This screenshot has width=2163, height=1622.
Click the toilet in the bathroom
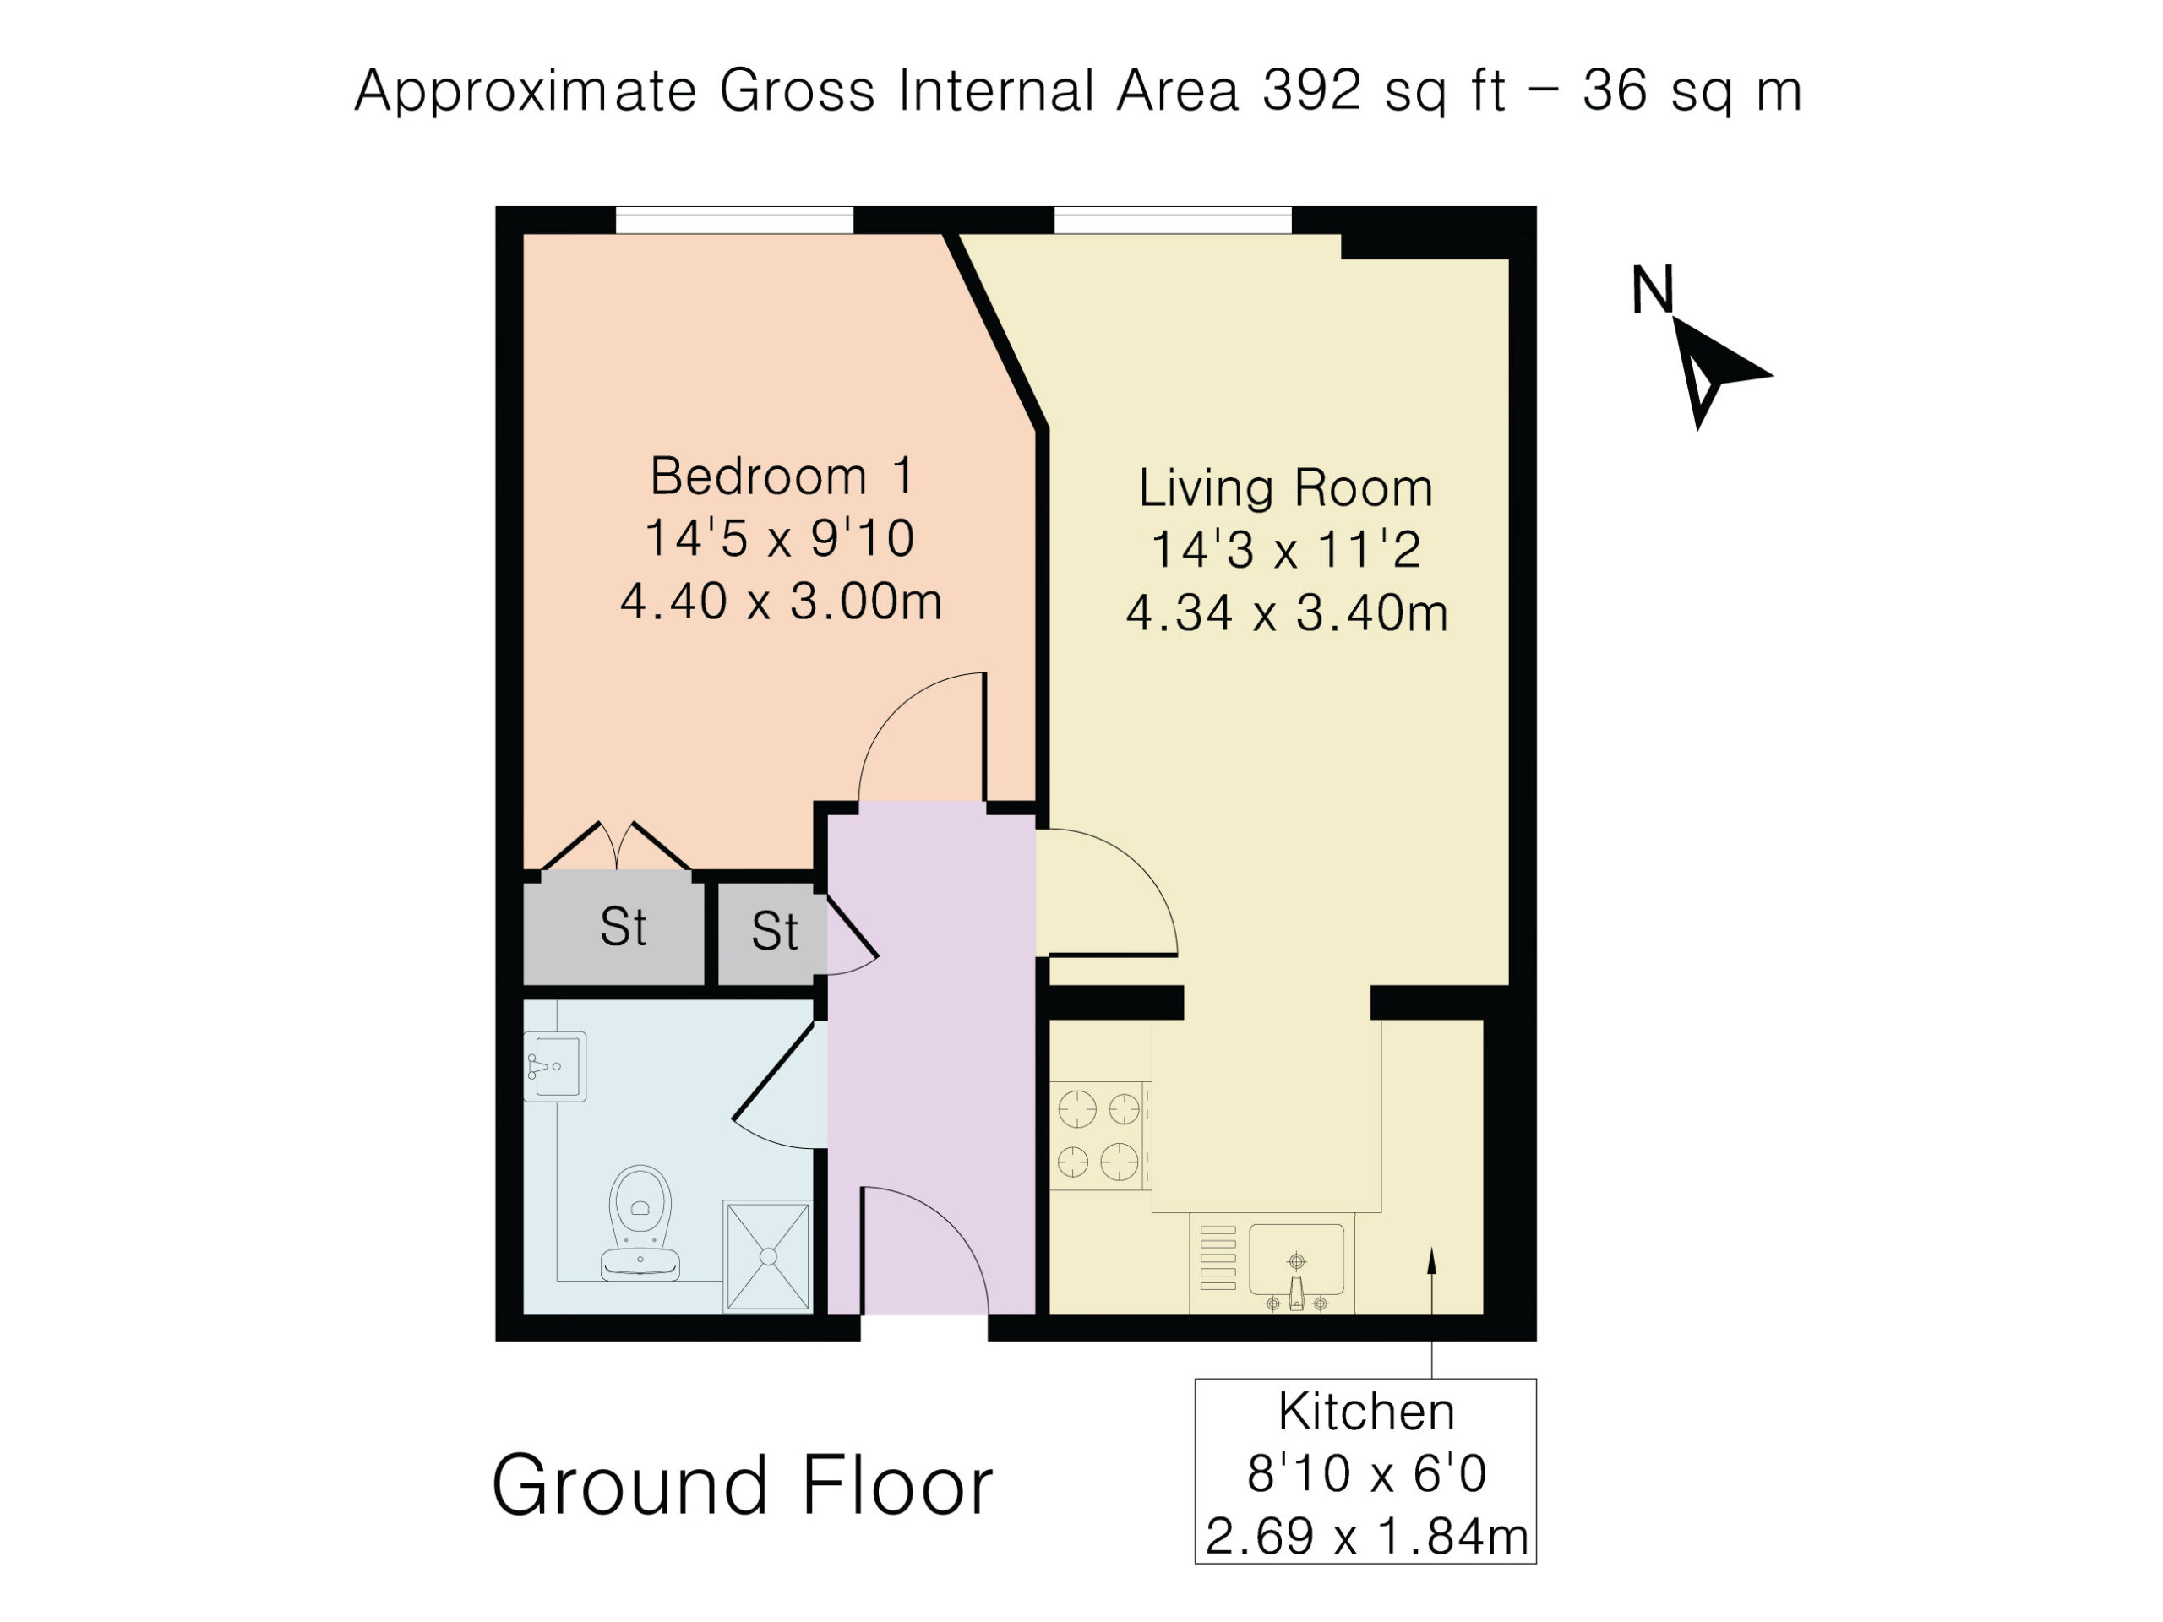click(640, 1223)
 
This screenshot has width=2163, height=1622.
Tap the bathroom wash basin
click(554, 1067)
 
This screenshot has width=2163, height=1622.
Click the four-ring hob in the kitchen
click(1100, 1135)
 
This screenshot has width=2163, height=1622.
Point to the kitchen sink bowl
click(1295, 1260)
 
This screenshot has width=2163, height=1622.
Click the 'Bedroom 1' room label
click(782, 476)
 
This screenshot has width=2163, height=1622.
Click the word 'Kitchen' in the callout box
click(1366, 1412)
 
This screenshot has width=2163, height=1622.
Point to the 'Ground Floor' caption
click(742, 1485)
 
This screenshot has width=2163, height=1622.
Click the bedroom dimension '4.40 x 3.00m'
click(782, 601)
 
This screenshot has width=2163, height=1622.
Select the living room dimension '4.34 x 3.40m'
click(1287, 613)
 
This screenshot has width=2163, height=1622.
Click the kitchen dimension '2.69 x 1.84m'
click(1366, 1536)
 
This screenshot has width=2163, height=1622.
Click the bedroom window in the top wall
click(734, 220)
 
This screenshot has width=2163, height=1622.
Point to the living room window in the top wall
click(1173, 220)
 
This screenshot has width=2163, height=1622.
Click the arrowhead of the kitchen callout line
click(1431, 1260)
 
